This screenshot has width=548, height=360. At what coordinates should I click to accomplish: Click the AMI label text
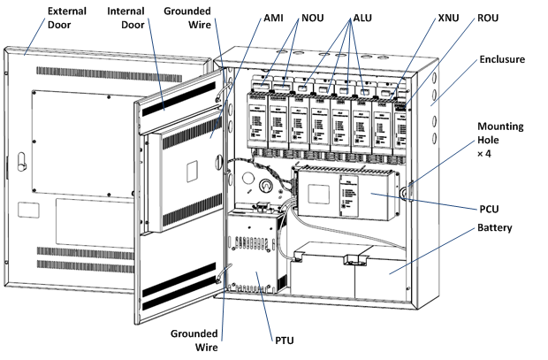point(273,18)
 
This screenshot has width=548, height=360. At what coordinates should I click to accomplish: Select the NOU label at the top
point(312,18)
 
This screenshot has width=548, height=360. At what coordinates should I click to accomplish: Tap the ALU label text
point(362,18)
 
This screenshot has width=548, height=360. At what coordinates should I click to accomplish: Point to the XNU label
point(448,18)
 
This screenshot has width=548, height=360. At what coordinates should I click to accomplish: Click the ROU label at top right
point(488,18)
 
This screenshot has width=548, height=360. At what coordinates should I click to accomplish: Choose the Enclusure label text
point(502,59)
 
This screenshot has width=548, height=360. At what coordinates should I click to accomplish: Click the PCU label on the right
point(489,209)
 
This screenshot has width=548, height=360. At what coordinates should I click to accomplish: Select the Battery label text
point(495,227)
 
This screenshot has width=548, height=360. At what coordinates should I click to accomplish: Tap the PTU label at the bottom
point(284,341)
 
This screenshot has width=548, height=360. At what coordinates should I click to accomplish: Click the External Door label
point(67,18)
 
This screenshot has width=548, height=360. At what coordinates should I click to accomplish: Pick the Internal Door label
point(126,18)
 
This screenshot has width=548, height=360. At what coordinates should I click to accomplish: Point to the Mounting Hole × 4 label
point(500,140)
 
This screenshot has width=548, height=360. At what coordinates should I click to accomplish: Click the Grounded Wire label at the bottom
point(194,341)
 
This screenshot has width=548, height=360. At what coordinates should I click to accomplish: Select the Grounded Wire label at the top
point(187,18)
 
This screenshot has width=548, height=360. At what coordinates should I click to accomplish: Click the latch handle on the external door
point(22,162)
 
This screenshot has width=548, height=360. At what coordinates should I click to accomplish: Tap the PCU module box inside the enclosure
point(346,195)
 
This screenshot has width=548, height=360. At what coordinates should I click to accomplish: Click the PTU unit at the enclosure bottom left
point(253,253)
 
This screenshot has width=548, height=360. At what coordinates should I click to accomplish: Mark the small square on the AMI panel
point(192,171)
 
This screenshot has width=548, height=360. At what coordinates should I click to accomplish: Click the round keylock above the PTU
point(265,185)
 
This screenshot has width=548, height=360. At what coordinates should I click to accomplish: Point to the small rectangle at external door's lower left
point(28,210)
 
